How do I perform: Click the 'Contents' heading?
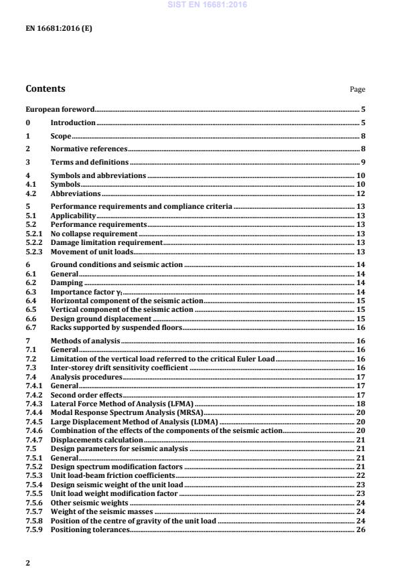tap(46, 88)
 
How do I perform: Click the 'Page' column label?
tap(358, 90)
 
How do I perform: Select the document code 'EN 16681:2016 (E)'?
tap(59, 29)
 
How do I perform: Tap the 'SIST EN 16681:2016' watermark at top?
tap(208, 4)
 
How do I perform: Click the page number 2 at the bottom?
tap(27, 563)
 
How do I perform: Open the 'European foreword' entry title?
tap(60, 108)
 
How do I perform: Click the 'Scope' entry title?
tap(61, 136)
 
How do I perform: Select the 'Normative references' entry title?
tap(88, 149)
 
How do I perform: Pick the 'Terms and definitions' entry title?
tap(90, 162)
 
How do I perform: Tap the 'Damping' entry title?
tap(67, 283)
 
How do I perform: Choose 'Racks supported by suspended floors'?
tap(116, 328)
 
